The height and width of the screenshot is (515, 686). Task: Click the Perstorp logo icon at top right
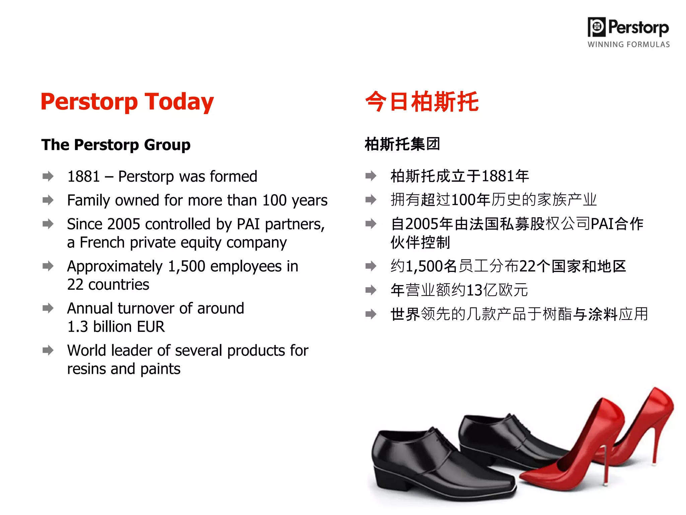597,27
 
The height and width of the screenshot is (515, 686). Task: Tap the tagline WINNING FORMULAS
628,45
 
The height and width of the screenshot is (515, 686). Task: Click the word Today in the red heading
179,102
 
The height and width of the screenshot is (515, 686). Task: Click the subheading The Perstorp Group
116,145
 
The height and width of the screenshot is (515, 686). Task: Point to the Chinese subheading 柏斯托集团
402,144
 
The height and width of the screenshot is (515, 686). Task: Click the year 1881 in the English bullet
84,177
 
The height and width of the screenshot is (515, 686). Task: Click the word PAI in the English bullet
248,224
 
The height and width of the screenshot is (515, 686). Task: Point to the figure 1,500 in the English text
187,267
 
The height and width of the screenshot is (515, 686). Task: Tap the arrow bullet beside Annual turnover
48,308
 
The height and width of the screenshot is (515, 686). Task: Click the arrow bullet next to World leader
48,350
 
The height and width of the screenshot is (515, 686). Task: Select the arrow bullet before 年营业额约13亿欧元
370,290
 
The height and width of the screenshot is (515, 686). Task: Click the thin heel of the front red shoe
605,466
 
